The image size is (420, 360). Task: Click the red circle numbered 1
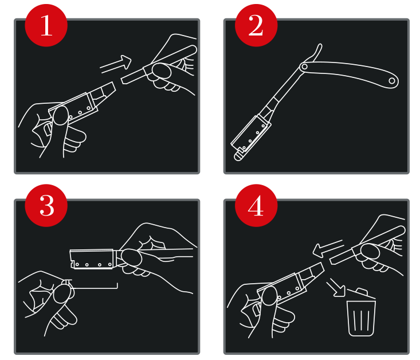(46, 25)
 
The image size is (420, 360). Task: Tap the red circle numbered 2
(256, 25)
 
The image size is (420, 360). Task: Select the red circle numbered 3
(46, 206)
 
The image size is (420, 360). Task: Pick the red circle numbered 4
(256, 206)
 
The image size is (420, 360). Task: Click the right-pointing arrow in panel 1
(116, 64)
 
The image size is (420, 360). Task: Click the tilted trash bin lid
(361, 294)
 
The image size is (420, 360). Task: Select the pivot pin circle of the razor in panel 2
(304, 66)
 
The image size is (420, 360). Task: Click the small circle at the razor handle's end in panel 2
(391, 81)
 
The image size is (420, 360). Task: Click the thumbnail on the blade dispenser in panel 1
(61, 116)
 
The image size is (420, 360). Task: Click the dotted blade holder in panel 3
(92, 259)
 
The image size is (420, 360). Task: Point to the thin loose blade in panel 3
(93, 287)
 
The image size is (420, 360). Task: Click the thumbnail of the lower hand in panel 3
(64, 294)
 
